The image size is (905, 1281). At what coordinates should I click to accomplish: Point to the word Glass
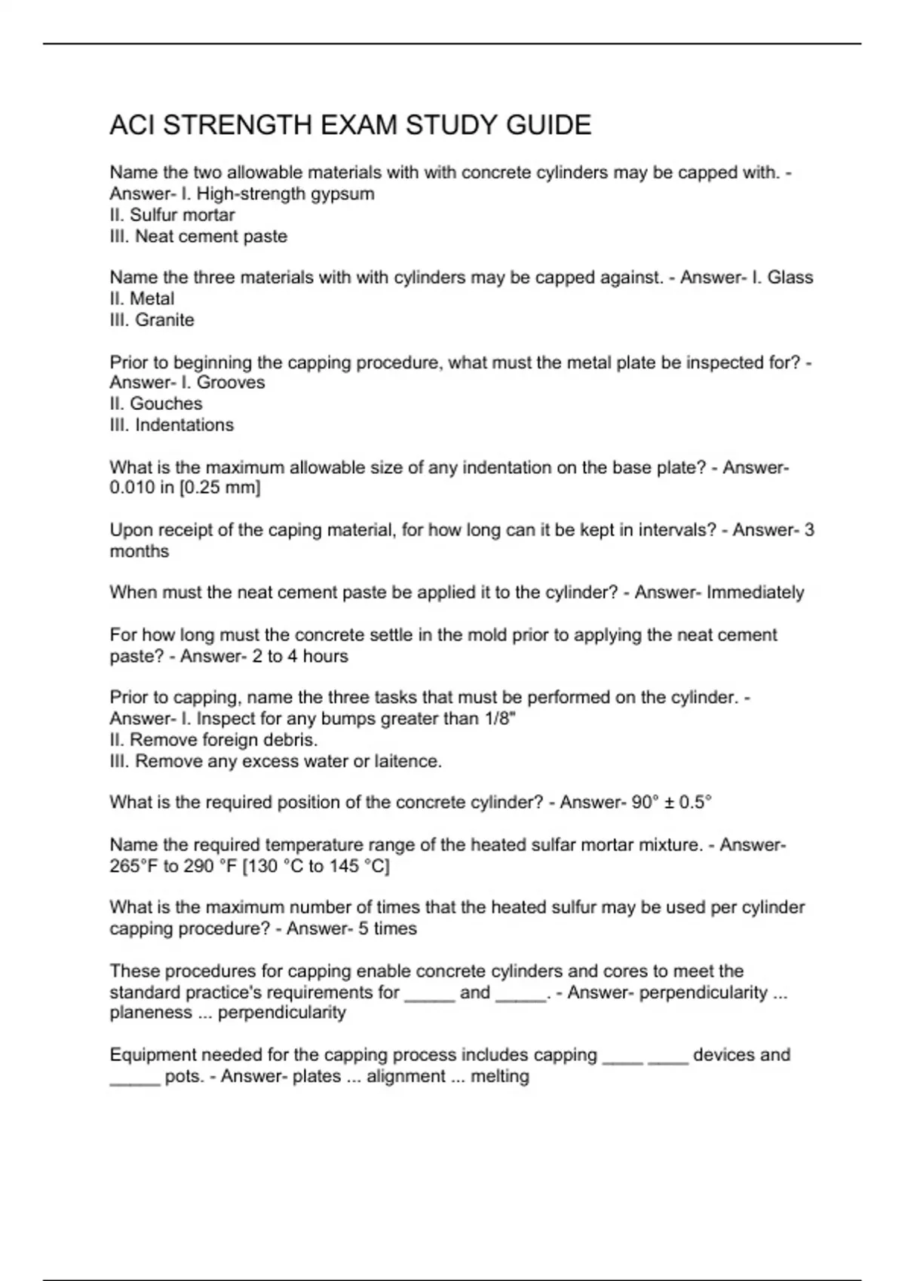click(x=790, y=277)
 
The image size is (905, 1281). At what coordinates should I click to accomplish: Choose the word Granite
click(x=164, y=319)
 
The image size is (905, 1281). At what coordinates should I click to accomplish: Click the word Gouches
click(x=166, y=403)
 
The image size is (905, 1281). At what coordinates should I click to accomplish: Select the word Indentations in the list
click(x=184, y=424)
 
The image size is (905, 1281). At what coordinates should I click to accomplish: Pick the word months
click(x=140, y=551)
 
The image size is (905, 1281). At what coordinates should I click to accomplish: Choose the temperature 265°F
click(x=134, y=866)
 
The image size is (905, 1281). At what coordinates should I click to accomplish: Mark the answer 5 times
click(x=388, y=928)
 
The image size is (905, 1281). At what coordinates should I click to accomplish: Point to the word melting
click(x=499, y=1076)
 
